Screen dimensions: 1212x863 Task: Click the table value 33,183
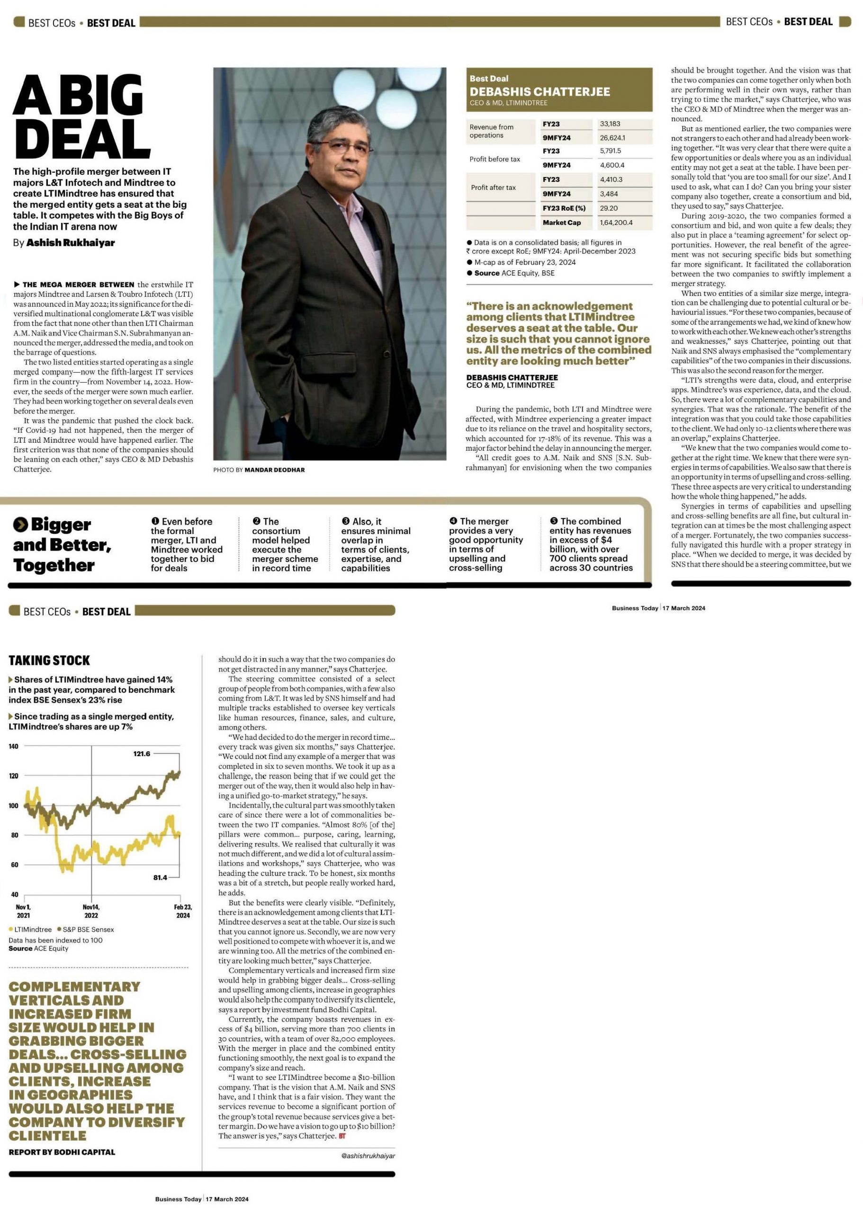[x=610, y=124]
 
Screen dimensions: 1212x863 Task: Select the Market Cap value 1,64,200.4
[x=616, y=223]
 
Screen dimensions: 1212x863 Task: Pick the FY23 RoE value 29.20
[x=609, y=208]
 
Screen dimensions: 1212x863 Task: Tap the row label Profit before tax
[x=494, y=160]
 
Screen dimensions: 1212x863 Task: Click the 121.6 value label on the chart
[x=142, y=754]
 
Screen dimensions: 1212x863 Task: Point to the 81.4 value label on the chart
[x=160, y=877]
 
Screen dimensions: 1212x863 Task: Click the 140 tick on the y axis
[x=13, y=746]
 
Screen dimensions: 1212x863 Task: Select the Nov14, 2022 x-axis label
[x=91, y=911]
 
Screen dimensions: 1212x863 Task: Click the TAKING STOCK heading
[x=49, y=660]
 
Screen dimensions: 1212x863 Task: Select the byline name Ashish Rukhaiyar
[x=71, y=243]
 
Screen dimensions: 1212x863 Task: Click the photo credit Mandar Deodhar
[x=274, y=470]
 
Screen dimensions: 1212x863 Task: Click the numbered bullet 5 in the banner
[x=554, y=521]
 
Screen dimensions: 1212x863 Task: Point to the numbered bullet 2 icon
[x=256, y=522]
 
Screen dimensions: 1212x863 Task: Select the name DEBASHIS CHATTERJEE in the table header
[x=539, y=91]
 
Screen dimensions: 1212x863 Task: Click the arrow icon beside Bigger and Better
[x=20, y=525]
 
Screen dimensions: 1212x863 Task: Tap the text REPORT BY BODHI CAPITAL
[x=62, y=1152]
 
